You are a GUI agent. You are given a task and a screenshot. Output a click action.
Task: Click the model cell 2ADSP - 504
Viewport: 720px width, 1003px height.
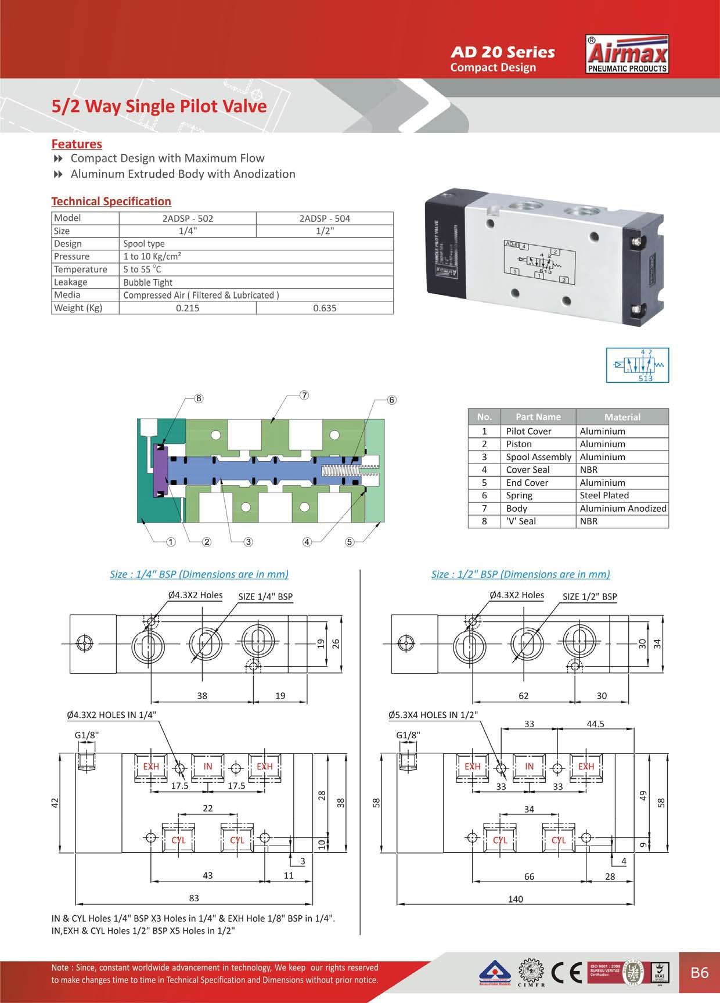tap(325, 218)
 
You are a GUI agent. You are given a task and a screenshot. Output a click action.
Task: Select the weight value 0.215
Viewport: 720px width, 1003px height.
tap(188, 308)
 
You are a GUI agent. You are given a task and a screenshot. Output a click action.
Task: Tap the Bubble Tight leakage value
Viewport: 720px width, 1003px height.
tap(148, 282)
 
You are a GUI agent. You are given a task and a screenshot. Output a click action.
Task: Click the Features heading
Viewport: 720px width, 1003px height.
tap(77, 144)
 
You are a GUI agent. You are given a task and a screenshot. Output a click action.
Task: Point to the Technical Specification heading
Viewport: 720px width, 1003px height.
tap(111, 202)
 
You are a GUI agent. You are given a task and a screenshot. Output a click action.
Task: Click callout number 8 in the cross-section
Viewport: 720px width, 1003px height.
tap(199, 398)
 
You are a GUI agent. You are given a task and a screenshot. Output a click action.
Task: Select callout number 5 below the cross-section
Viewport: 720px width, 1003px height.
tap(350, 542)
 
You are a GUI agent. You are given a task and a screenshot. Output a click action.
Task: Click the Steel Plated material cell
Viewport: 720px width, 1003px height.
tap(604, 495)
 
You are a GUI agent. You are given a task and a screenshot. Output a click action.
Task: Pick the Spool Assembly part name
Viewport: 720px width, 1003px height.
tap(538, 457)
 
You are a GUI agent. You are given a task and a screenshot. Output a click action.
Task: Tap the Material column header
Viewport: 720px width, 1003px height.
tap(622, 417)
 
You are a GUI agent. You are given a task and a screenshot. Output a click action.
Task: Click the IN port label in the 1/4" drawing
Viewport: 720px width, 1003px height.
tap(208, 767)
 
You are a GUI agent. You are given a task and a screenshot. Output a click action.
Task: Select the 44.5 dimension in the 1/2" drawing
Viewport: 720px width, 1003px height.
tap(596, 724)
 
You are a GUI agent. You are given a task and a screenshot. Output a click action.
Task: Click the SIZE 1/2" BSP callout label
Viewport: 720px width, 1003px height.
tap(589, 596)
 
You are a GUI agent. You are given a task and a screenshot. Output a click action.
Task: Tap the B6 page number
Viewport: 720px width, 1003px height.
tap(700, 972)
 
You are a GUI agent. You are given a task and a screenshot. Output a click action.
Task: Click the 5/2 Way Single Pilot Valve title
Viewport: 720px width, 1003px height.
tap(159, 106)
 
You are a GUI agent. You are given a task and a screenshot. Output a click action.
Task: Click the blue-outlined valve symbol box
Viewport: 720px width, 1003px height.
tap(638, 365)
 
